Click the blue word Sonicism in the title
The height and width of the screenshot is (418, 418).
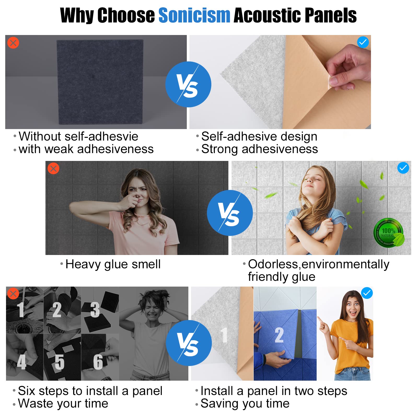tap(194, 15)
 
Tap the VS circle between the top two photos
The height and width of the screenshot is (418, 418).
tap(188, 84)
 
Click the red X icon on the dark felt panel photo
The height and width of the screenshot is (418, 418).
tap(13, 43)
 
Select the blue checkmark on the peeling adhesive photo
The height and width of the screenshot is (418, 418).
tap(363, 42)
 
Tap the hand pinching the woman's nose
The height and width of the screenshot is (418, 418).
tap(131, 201)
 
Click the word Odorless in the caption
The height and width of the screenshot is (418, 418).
tap(273, 264)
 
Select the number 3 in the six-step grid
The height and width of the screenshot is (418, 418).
tap(95, 310)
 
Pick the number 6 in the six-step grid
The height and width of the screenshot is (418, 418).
tap(98, 362)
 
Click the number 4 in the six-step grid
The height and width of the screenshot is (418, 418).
tap(22, 362)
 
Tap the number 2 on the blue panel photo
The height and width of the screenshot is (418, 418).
tap(279, 335)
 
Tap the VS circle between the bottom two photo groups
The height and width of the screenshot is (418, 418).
tap(189, 343)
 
